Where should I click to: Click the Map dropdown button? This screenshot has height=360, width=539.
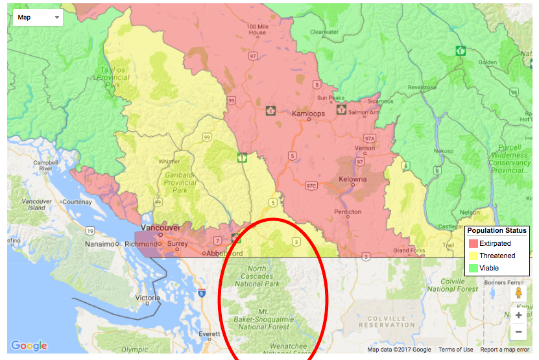(38, 17)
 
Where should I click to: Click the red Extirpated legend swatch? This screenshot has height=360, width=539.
(472, 244)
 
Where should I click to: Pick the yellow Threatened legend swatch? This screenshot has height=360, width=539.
(472, 256)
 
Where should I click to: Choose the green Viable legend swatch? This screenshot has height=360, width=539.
(472, 267)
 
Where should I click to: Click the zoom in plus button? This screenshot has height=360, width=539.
(518, 315)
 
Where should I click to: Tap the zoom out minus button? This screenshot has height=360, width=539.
(518, 332)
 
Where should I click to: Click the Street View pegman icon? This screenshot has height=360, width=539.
(518, 293)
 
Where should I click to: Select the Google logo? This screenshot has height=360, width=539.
(29, 346)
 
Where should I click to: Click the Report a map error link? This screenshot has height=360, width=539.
(507, 350)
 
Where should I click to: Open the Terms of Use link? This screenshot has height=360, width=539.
(455, 350)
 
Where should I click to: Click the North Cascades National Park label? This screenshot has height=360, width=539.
(257, 276)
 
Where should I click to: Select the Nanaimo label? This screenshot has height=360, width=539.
(101, 245)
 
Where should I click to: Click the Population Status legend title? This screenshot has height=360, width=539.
(497, 231)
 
